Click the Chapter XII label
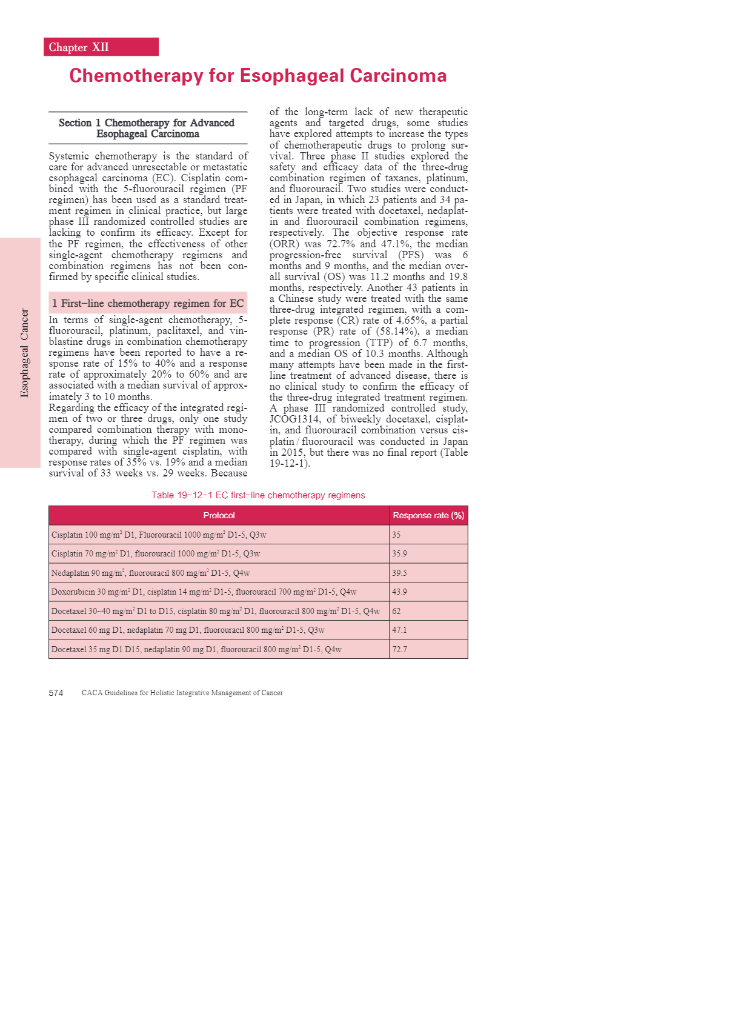point(79,47)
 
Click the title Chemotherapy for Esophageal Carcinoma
point(258,76)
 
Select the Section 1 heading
point(147,128)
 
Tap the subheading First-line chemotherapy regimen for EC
point(148,303)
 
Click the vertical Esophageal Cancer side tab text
point(24,353)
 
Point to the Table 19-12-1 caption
point(258,495)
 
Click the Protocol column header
point(219,515)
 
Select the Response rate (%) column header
point(428,515)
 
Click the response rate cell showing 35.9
point(400,553)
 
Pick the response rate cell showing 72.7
point(400,649)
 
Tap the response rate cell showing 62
point(397,611)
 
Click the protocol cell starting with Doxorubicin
point(204,592)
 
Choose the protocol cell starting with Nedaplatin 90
point(151,573)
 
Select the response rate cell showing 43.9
point(400,592)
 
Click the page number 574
point(56,693)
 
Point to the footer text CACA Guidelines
point(182,693)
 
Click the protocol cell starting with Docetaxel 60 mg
point(188,630)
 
